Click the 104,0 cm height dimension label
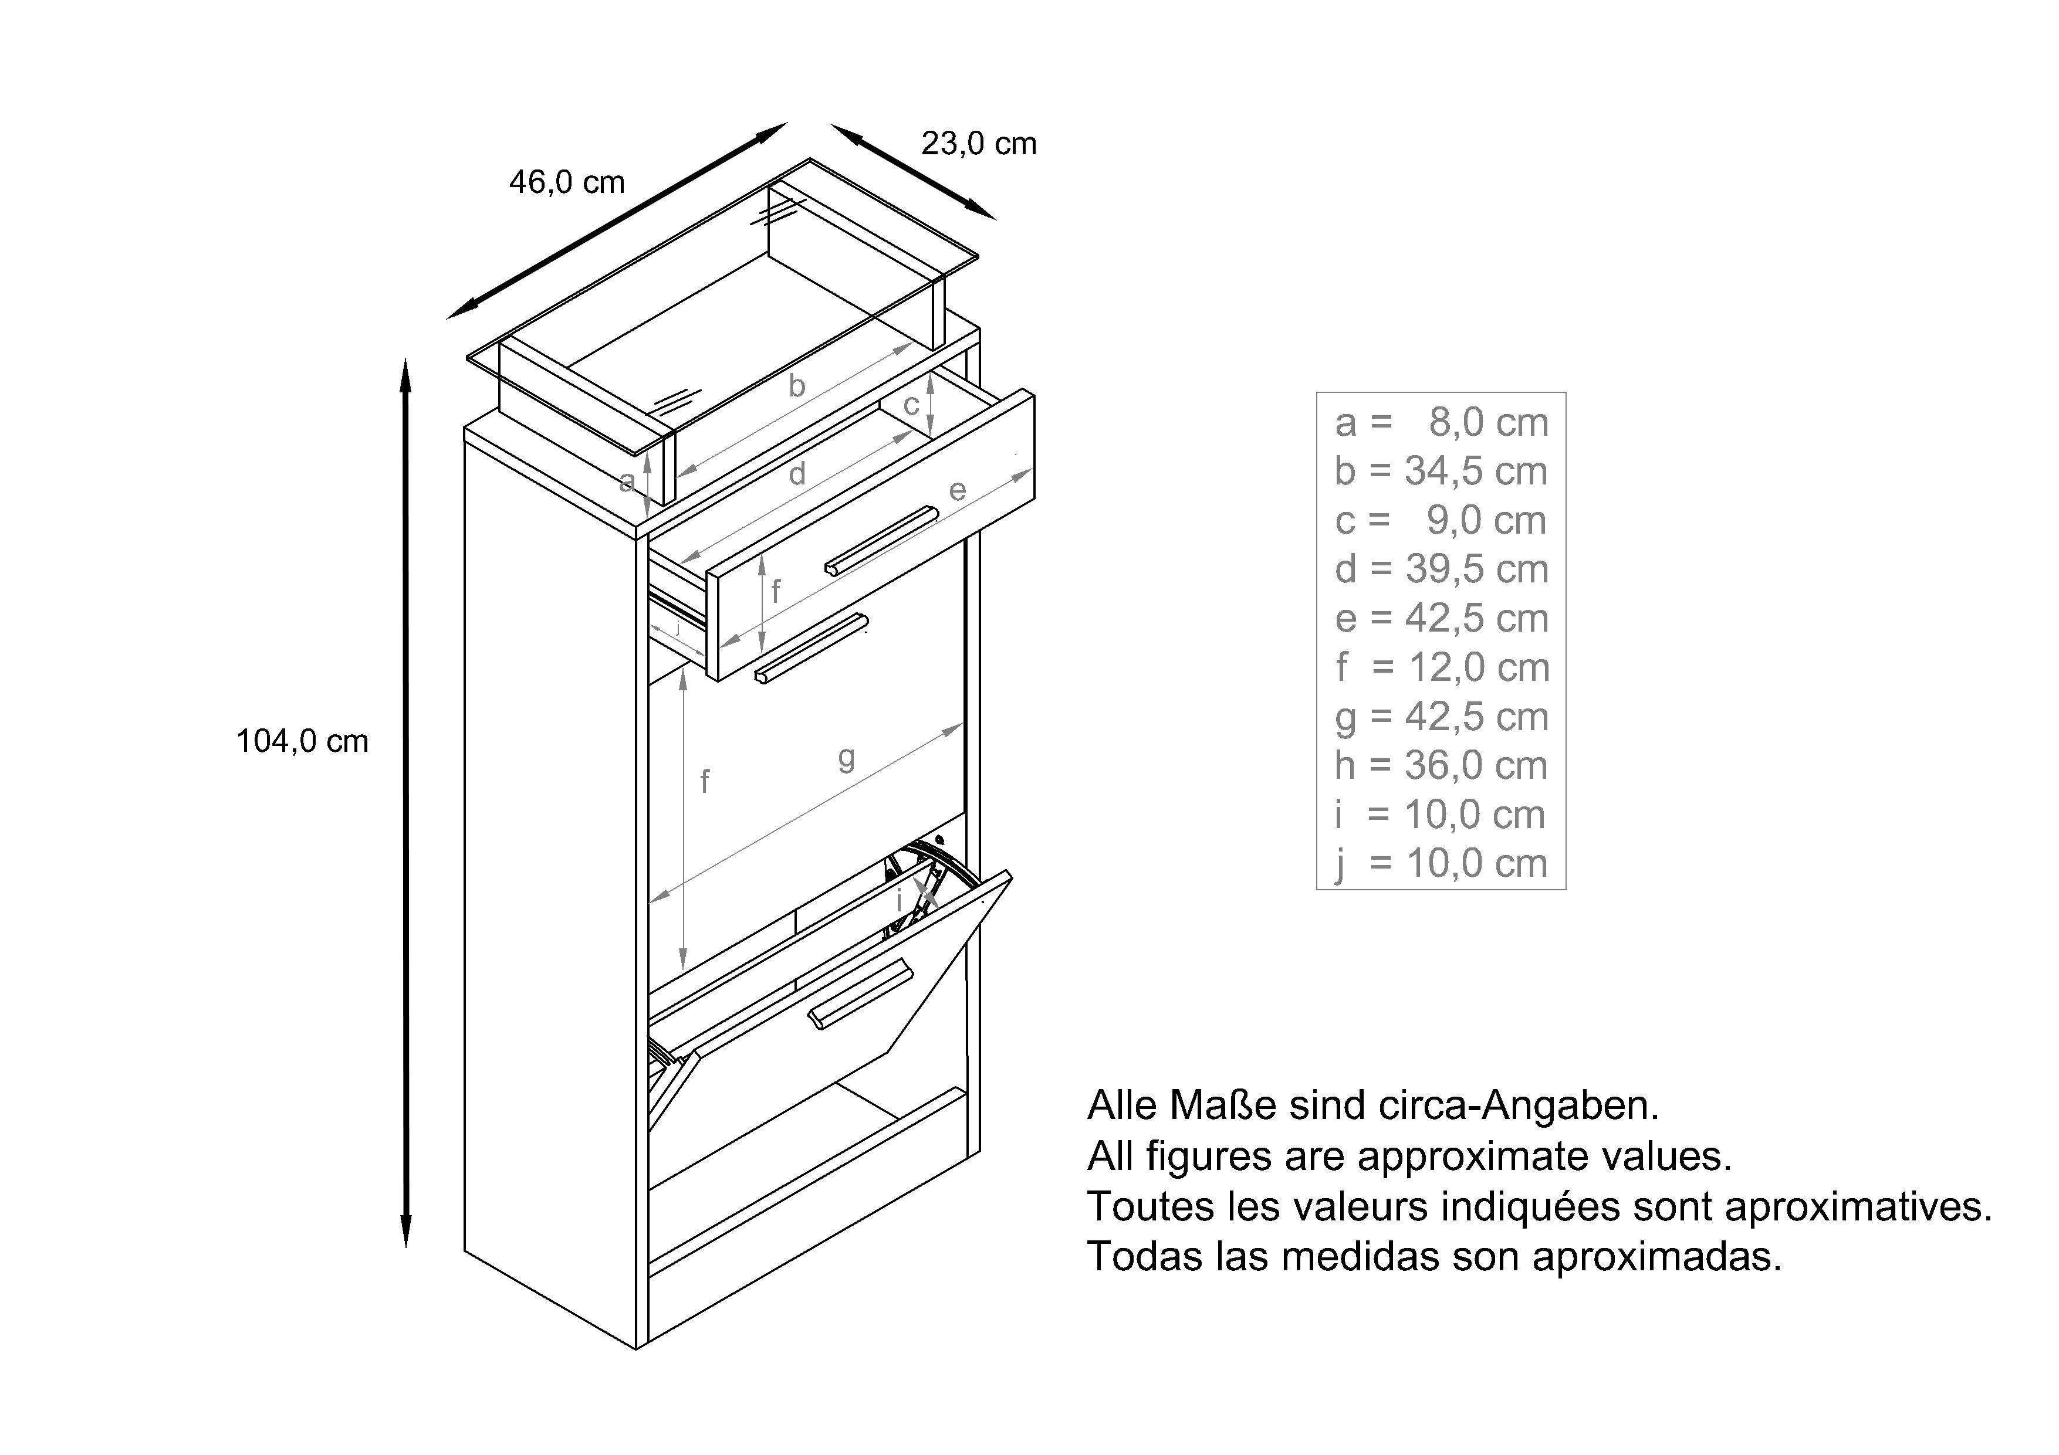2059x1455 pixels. click(x=302, y=741)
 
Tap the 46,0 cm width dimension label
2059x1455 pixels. click(x=567, y=182)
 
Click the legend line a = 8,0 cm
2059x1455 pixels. click(x=1441, y=422)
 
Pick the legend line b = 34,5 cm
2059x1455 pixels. click(x=1441, y=471)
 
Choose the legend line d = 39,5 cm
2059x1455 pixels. click(x=1441, y=569)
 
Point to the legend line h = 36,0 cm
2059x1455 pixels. click(x=1441, y=765)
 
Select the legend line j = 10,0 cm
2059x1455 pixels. click(x=1441, y=864)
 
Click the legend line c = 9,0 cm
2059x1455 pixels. click(x=1441, y=520)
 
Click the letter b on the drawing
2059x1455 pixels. click(x=796, y=385)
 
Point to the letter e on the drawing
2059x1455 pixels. click(x=958, y=490)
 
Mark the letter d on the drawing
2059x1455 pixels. click(x=796, y=473)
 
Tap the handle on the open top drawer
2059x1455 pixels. click(x=881, y=541)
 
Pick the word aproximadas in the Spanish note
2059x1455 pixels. click(x=1657, y=1257)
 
